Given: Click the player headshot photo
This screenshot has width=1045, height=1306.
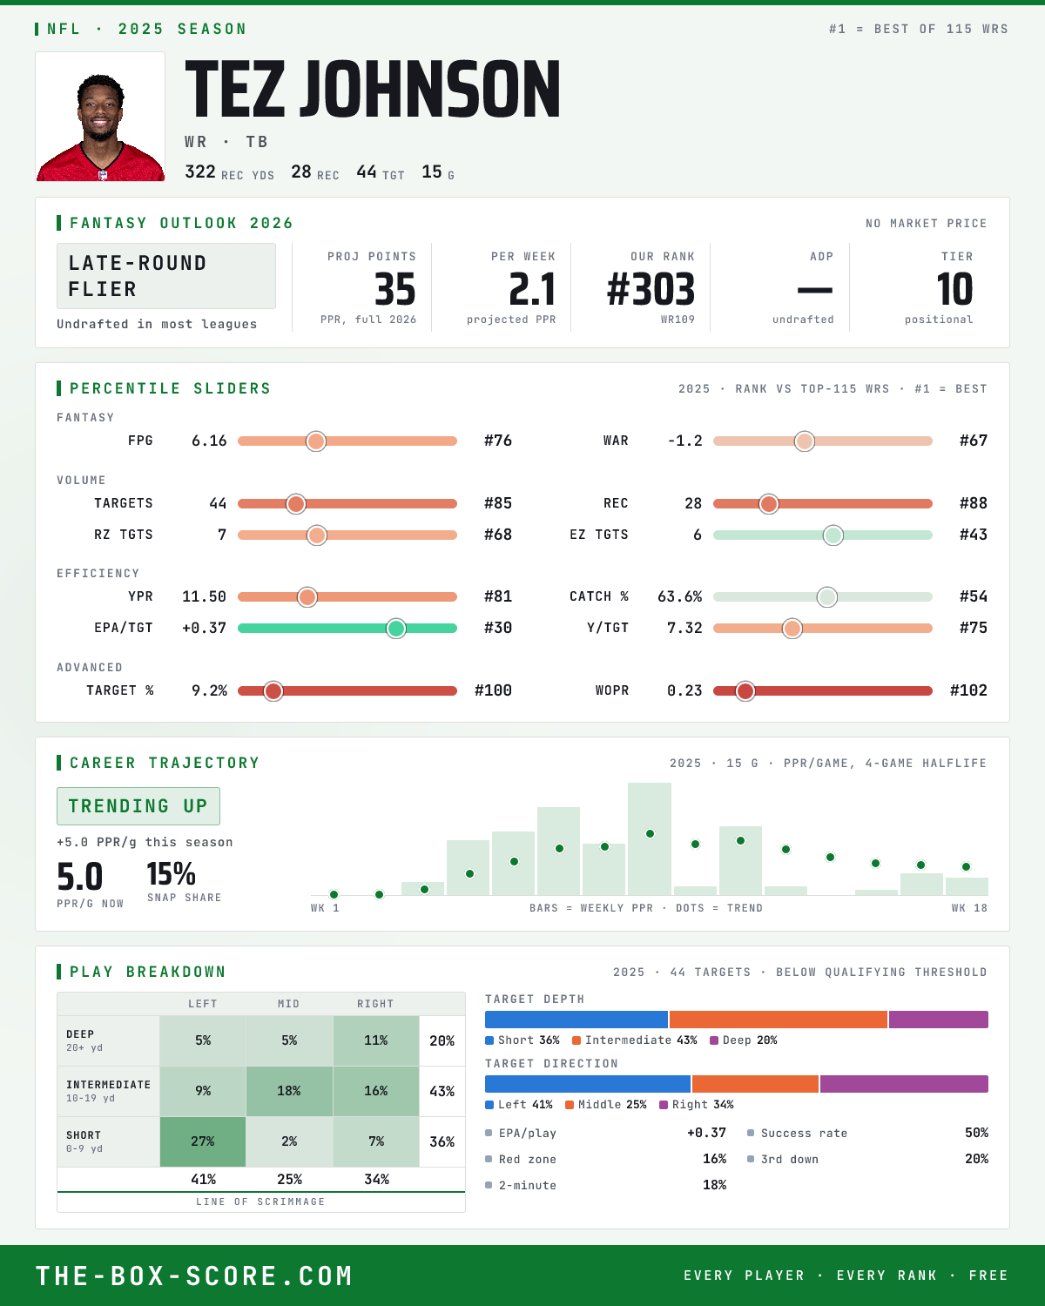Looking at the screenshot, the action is [100, 117].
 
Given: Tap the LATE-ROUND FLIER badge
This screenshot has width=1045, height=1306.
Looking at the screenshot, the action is [165, 276].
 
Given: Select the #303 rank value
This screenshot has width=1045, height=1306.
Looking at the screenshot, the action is [651, 289].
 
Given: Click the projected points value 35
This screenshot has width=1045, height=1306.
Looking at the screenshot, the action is [395, 289].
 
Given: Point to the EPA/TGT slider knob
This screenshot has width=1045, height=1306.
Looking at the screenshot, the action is [396, 628].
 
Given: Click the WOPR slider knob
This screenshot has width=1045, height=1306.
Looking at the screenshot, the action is [745, 690].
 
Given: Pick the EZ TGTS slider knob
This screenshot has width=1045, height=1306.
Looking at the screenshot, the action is [833, 535].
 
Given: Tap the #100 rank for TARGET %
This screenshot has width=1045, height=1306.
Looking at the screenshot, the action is [493, 690].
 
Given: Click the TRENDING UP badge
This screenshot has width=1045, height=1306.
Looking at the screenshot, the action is [138, 806].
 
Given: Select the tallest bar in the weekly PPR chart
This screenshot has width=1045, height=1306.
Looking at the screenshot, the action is [650, 838].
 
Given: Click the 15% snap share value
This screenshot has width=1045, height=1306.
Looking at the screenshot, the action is [172, 874].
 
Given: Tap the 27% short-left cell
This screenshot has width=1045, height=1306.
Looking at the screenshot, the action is [203, 1141].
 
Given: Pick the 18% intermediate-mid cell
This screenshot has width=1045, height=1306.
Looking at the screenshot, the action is [289, 1091].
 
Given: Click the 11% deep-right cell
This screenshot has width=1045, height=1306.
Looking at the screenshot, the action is [376, 1040].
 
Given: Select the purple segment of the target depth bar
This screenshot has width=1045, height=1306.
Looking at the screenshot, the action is [938, 1020].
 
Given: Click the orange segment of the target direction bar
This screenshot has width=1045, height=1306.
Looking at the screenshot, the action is [755, 1084].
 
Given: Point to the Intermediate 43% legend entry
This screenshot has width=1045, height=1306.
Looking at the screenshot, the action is [635, 1040].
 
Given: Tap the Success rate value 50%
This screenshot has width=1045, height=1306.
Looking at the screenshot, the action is [976, 1133].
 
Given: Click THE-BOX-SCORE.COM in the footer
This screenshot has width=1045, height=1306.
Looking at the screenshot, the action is [194, 1276].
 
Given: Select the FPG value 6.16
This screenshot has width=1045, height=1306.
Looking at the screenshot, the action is [209, 441].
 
